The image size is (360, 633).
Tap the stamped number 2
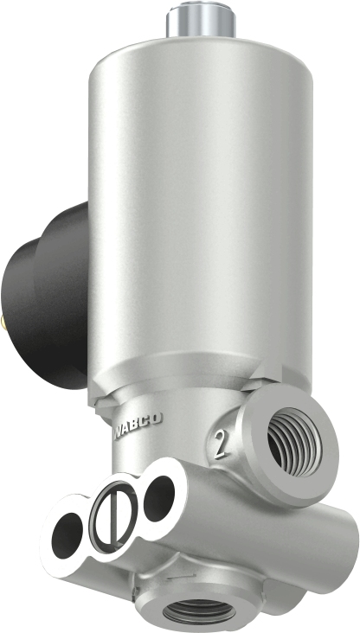223,448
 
